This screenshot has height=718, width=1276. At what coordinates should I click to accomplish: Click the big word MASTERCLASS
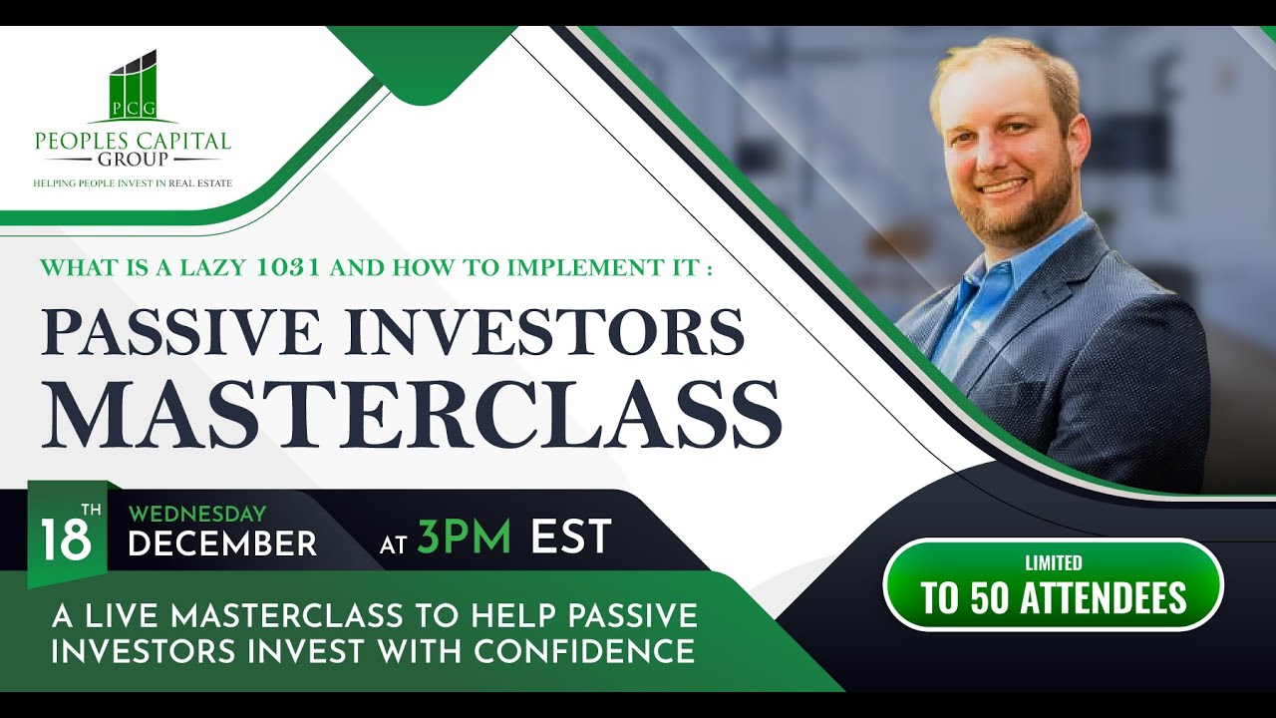click(x=411, y=411)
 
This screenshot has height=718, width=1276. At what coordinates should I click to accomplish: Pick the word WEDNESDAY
click(x=197, y=515)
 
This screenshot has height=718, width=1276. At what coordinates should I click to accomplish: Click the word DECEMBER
click(x=222, y=544)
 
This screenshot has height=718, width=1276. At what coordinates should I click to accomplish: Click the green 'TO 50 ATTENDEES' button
click(x=1054, y=585)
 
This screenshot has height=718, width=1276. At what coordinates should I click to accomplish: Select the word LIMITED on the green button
click(x=1054, y=563)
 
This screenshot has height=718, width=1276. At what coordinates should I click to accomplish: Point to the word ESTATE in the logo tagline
click(x=213, y=183)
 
